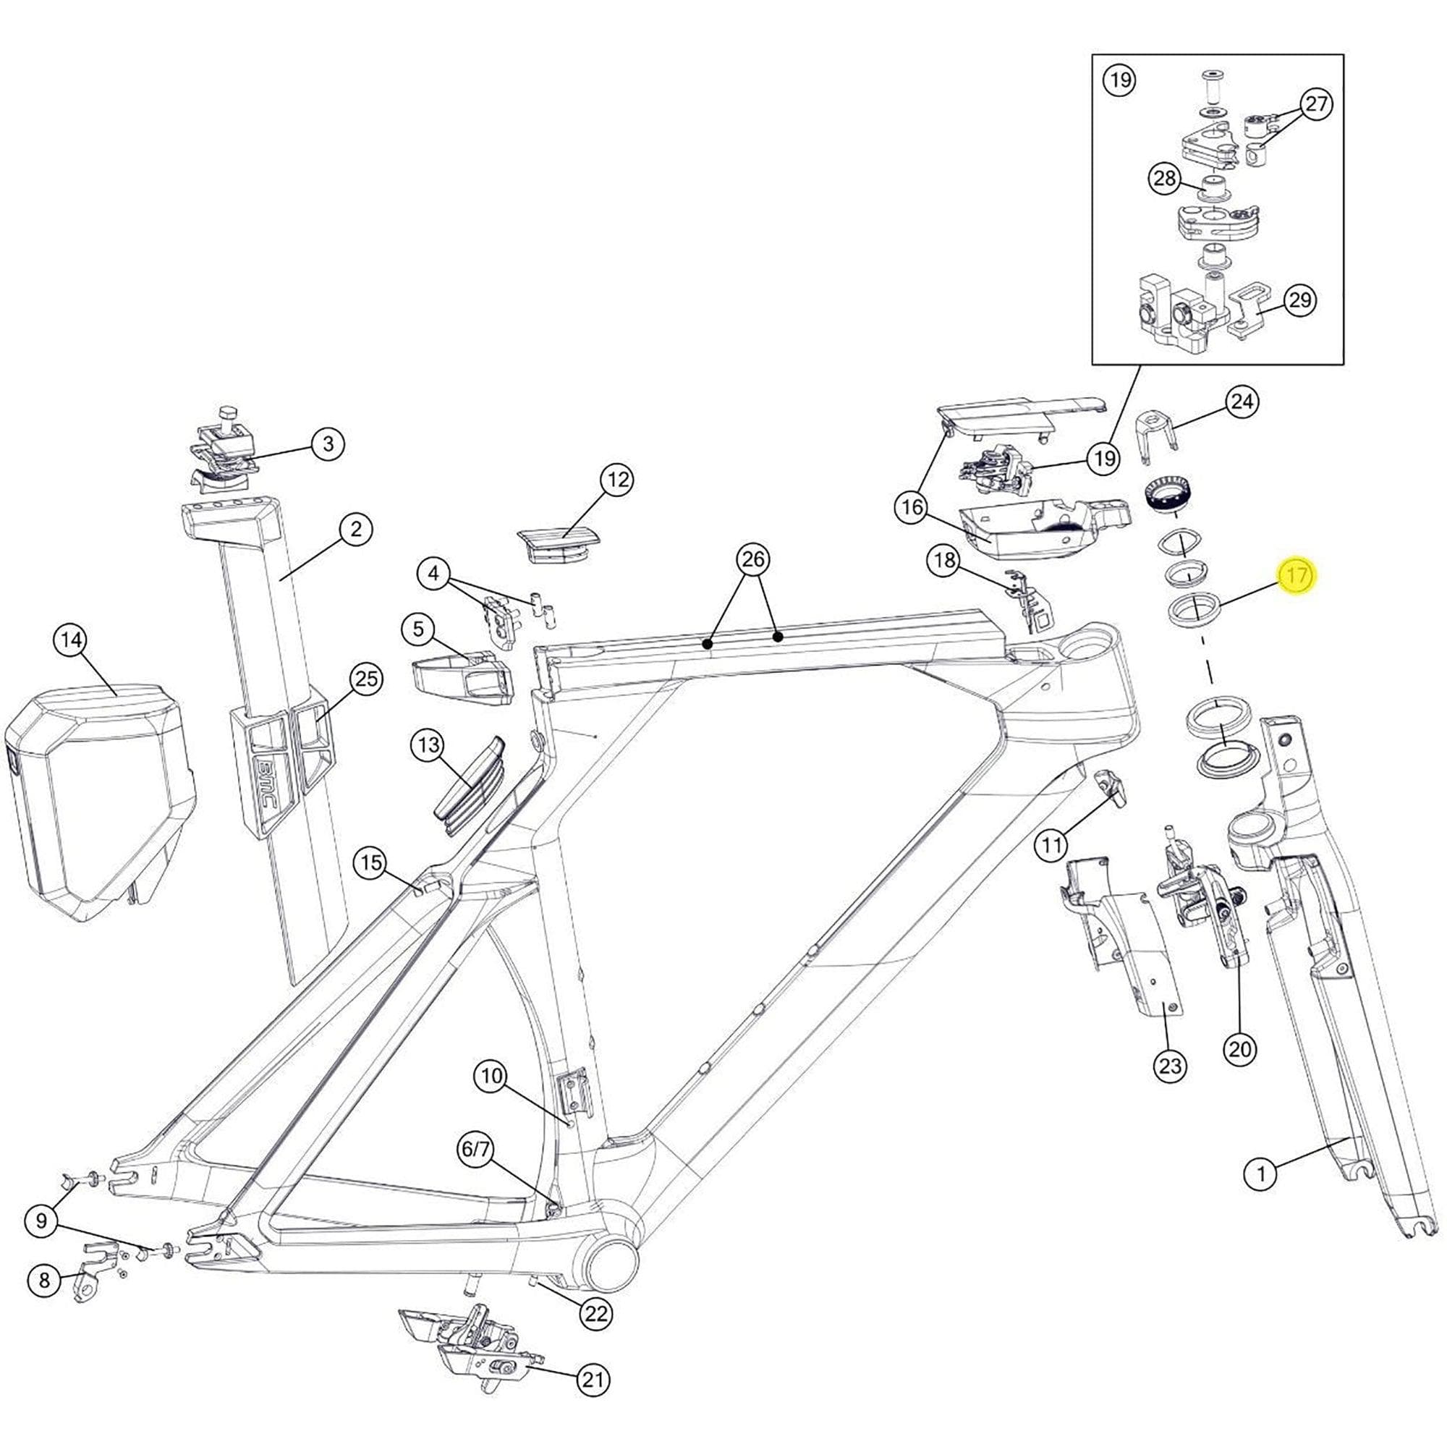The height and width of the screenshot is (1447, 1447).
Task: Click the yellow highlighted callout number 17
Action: coord(1297,576)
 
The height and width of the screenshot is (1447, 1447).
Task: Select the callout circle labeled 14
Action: coord(70,640)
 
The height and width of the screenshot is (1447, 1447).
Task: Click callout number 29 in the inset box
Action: coord(1300,300)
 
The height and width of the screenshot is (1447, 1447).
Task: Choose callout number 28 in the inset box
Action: coord(1166,179)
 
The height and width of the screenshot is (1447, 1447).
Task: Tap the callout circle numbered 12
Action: coord(617,480)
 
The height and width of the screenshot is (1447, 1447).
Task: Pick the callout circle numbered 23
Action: coord(1170,1066)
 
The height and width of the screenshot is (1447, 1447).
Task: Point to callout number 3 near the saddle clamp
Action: coord(328,444)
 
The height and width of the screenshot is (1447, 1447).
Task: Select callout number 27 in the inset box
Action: coord(1316,104)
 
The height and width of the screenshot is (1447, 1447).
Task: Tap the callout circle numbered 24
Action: coord(1242,402)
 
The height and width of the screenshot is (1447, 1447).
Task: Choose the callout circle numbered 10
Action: coord(491,1077)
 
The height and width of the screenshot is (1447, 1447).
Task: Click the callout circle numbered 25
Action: coord(366,679)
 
